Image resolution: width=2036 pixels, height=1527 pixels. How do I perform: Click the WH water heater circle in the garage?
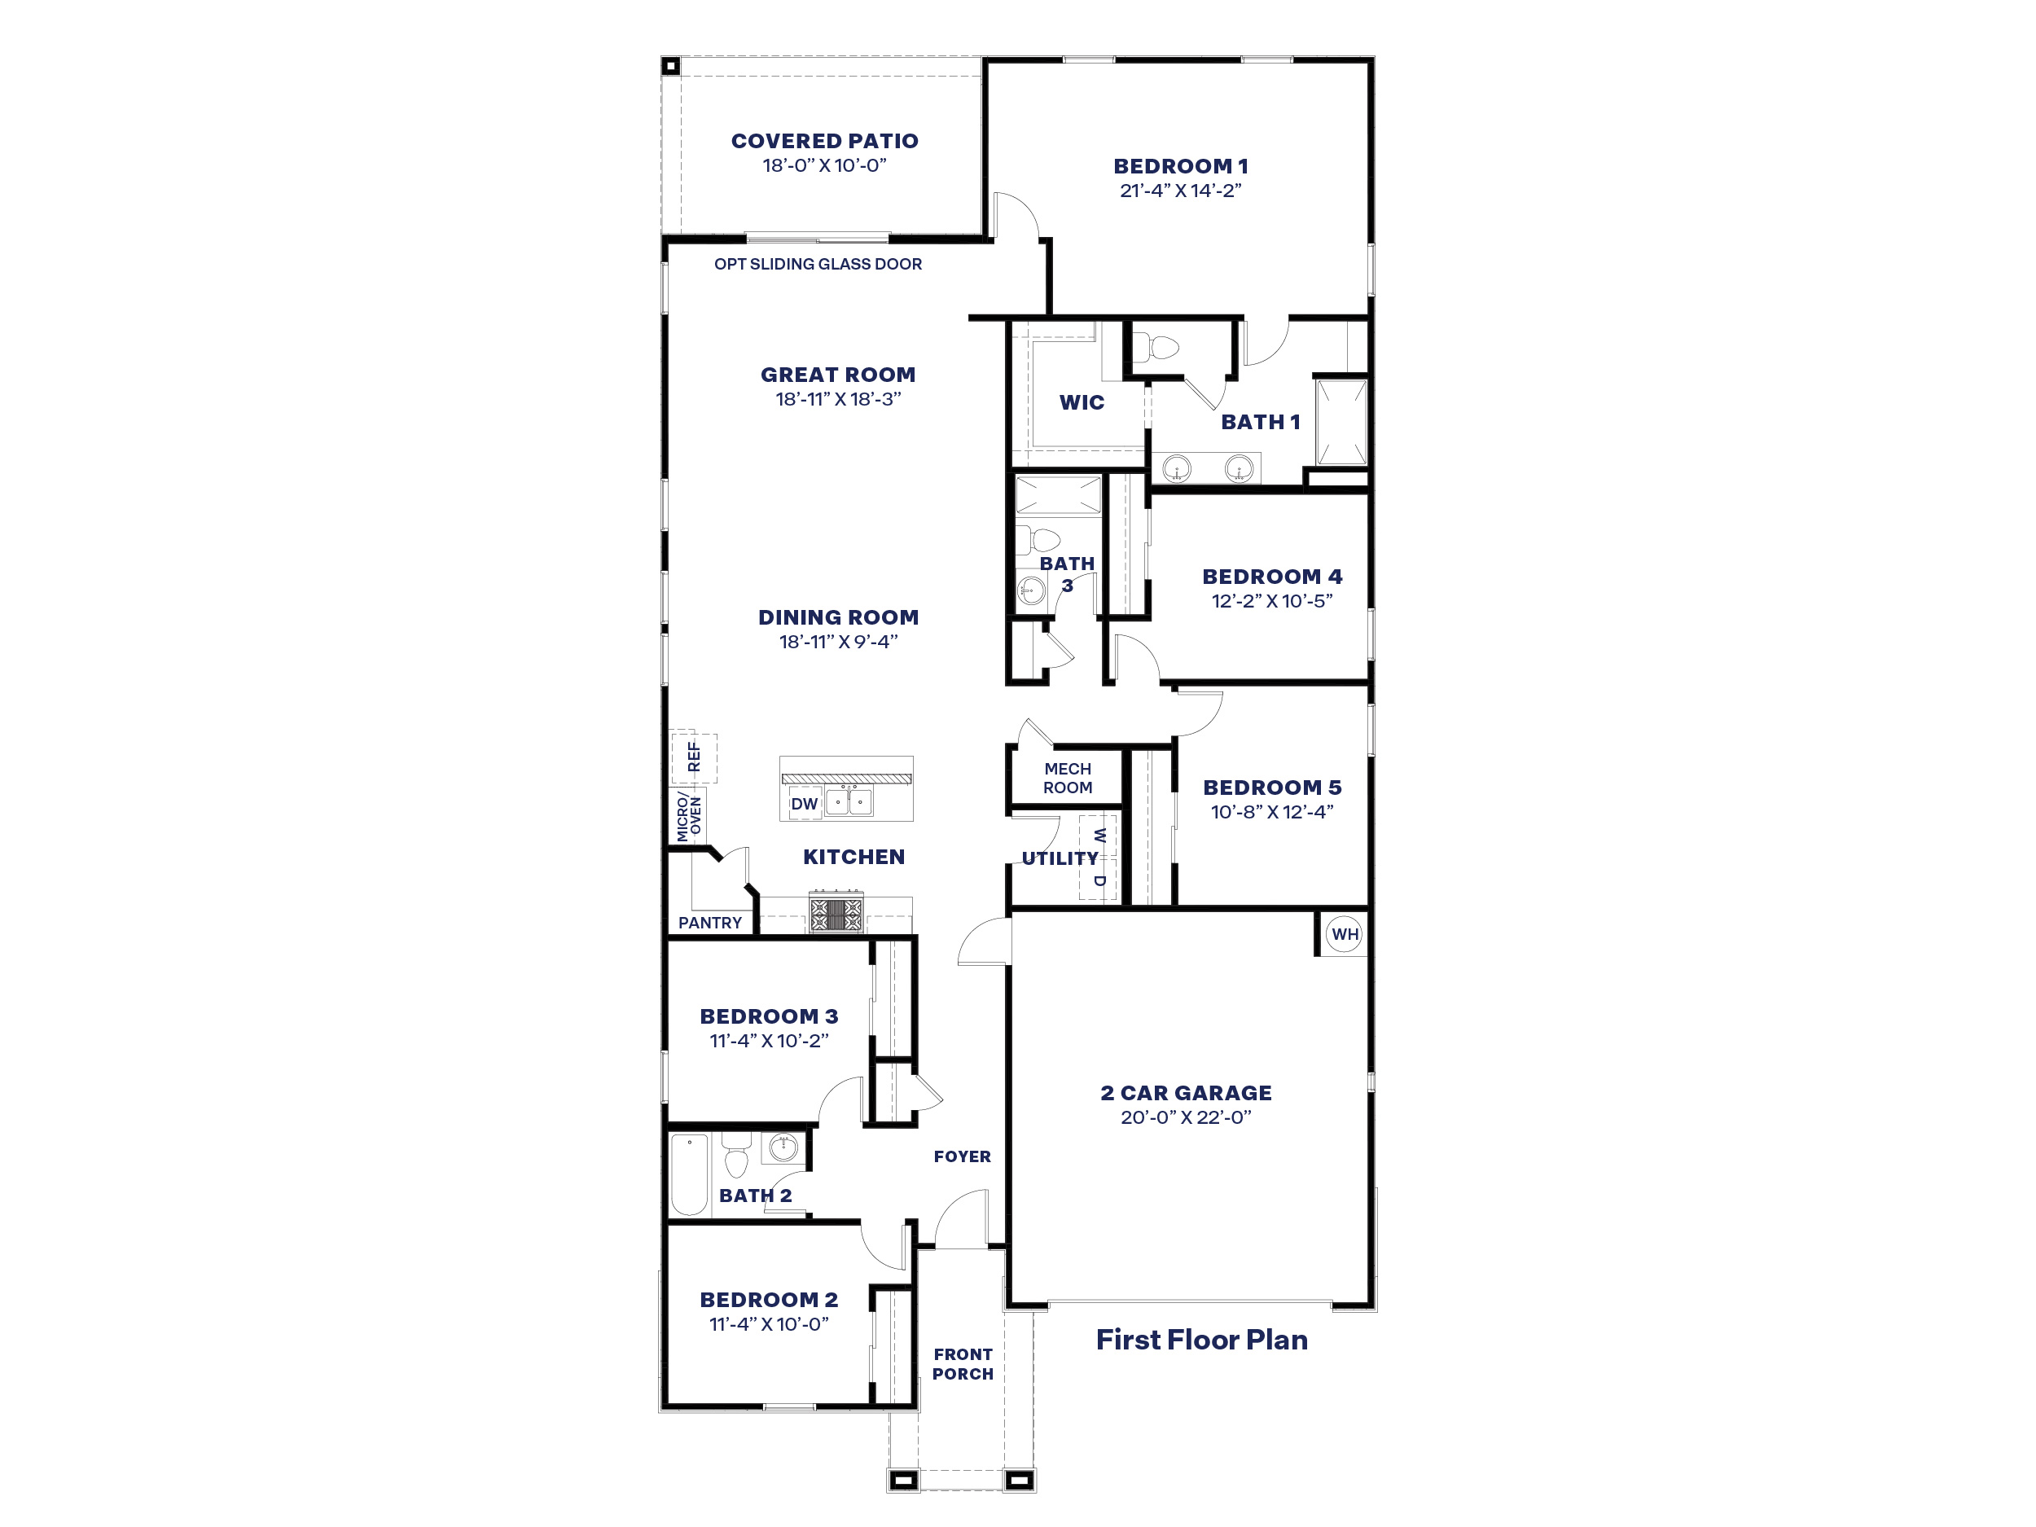(x=1344, y=934)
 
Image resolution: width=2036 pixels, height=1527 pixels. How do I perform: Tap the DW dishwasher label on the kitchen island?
(x=804, y=804)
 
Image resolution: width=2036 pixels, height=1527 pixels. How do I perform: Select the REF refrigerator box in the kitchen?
(x=693, y=757)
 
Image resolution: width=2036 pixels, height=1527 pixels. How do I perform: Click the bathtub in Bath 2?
(x=690, y=1174)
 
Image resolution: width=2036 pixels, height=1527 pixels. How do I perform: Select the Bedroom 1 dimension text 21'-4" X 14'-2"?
(x=1180, y=191)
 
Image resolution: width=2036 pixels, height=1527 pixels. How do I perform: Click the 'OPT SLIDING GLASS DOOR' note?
(x=818, y=264)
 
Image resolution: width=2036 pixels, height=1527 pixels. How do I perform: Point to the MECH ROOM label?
(x=1068, y=778)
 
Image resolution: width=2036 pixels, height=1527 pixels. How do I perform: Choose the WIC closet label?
(x=1082, y=402)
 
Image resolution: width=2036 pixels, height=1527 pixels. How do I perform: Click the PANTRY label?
(x=709, y=922)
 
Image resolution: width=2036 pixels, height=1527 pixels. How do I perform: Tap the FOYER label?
(x=962, y=1156)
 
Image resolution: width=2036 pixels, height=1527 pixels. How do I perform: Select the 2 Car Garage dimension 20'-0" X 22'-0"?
(x=1186, y=1117)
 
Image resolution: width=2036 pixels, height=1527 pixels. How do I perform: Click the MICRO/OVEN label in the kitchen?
(x=688, y=816)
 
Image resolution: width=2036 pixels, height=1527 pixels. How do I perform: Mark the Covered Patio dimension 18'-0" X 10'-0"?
(x=824, y=165)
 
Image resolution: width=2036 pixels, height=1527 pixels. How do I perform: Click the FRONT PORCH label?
(x=962, y=1364)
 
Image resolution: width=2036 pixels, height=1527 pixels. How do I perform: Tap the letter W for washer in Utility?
(x=1099, y=836)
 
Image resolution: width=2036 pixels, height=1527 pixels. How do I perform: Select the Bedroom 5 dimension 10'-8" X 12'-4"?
(x=1272, y=812)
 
